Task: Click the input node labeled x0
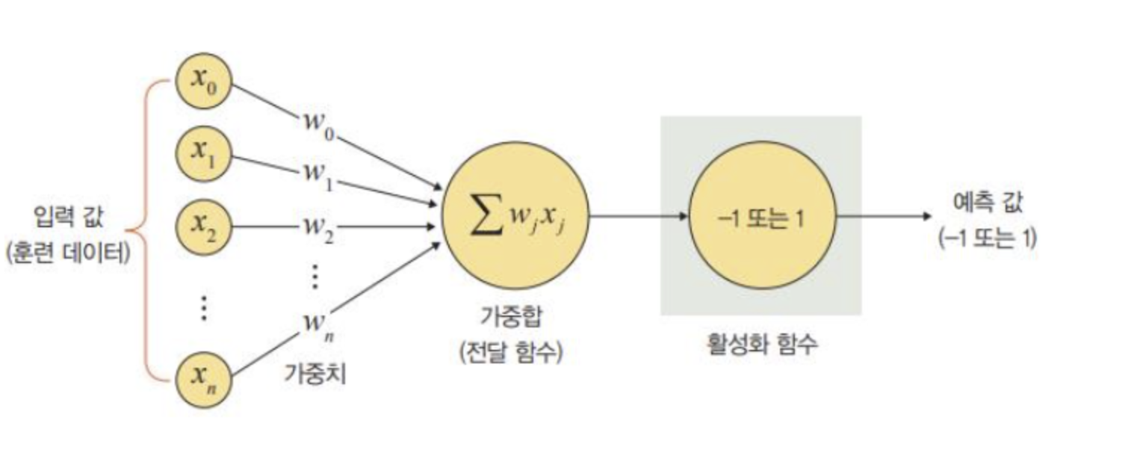click(x=203, y=81)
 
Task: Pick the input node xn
click(x=203, y=378)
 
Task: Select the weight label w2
click(x=318, y=227)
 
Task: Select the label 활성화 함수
click(x=761, y=345)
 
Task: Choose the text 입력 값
click(x=69, y=218)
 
